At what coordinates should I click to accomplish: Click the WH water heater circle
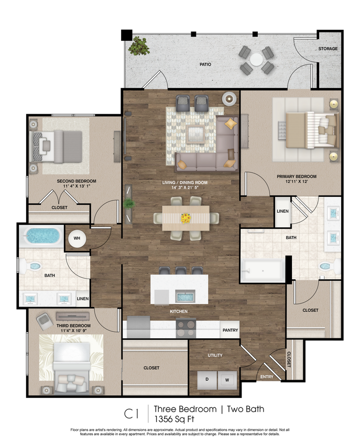77,238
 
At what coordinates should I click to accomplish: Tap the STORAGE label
328,49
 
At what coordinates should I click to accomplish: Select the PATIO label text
205,64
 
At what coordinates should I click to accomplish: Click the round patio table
256,60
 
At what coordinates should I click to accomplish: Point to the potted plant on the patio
139,46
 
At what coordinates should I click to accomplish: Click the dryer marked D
207,379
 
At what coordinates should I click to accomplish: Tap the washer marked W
227,379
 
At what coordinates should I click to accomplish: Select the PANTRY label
230,330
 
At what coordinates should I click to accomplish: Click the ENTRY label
267,377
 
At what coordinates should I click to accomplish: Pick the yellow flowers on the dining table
186,217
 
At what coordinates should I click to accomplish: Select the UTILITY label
215,356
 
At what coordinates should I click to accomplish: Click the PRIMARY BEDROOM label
297,176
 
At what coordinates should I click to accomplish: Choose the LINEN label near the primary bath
282,211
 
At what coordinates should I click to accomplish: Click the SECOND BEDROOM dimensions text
77,186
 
